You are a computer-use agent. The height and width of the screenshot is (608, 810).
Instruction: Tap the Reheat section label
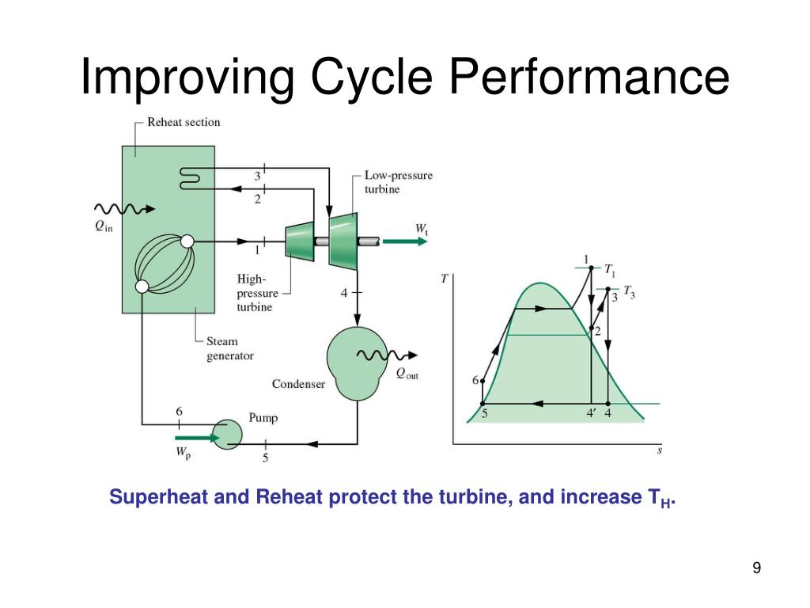[184, 123]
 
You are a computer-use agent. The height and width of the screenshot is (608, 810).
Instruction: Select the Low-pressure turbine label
[399, 182]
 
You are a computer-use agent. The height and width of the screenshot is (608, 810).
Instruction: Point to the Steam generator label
[230, 348]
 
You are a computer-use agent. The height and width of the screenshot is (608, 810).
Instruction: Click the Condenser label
[298, 384]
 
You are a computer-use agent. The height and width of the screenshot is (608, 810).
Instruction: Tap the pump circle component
[230, 434]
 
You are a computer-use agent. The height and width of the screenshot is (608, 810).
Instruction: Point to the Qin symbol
[104, 226]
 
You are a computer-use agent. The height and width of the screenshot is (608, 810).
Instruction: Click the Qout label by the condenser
[407, 374]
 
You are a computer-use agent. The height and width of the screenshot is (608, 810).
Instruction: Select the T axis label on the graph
[444, 279]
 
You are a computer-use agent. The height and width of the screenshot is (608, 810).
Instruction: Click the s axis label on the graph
[659, 451]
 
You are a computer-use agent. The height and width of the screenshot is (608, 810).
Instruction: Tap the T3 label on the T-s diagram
[629, 292]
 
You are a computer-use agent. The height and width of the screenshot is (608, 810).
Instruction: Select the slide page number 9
[756, 568]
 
